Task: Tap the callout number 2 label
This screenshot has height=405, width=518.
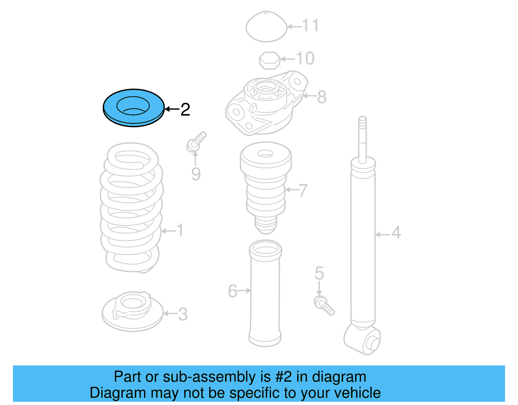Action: [x=185, y=110]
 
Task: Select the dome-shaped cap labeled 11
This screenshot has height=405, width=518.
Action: [x=266, y=27]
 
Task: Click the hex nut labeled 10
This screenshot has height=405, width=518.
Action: [x=269, y=60]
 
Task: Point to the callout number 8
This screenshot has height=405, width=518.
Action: [x=321, y=97]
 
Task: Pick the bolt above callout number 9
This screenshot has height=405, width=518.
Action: [x=196, y=142]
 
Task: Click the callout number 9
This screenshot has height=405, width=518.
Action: [x=196, y=174]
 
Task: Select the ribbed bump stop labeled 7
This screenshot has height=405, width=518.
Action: [x=265, y=188]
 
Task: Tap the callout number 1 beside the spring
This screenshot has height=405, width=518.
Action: [x=180, y=231]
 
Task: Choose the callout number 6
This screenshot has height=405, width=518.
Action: [x=232, y=291]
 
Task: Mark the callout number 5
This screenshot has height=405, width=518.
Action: [x=319, y=273]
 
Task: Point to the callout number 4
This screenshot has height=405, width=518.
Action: [x=396, y=233]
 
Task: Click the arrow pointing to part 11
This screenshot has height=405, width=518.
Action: [x=294, y=27]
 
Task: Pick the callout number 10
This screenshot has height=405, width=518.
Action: [x=305, y=59]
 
